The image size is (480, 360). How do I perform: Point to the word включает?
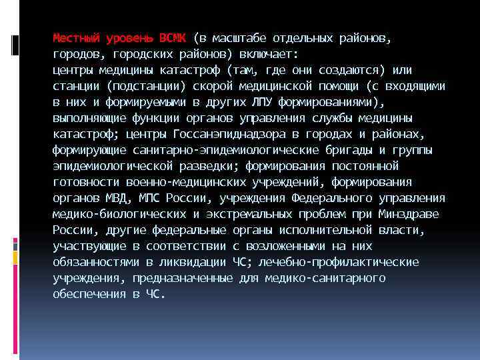tap(273, 54)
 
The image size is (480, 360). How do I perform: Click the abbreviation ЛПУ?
tap(260, 102)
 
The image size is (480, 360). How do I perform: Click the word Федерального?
tap(332, 198)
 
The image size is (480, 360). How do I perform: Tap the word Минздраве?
tap(408, 214)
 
